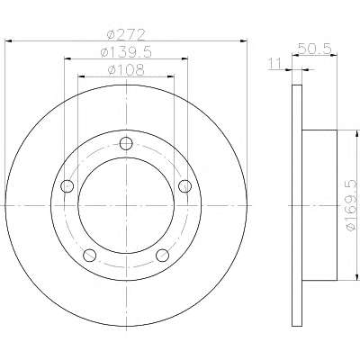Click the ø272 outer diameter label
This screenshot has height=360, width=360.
[x=126, y=35]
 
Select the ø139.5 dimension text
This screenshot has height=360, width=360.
[x=126, y=52]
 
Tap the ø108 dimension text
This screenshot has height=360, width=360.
[x=126, y=70]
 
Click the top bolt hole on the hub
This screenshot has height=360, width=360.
[x=126, y=143]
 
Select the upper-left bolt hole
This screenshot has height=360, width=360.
[x=67, y=186]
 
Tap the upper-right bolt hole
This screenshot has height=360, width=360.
[x=184, y=186]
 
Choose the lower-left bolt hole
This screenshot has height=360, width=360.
[x=89, y=256]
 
